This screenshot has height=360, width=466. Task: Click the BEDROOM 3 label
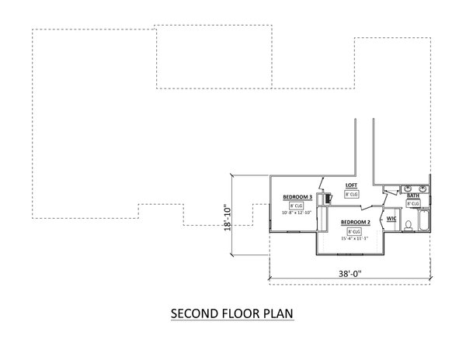[297, 197]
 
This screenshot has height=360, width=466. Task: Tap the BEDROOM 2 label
[354, 223]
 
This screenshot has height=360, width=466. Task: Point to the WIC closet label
[391, 220]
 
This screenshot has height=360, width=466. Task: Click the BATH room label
[414, 196]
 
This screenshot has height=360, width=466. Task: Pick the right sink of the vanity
[424, 189]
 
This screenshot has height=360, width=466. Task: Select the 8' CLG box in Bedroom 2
[354, 231]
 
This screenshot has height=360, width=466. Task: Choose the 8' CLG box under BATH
[413, 203]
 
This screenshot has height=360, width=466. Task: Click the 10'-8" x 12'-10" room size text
[297, 213]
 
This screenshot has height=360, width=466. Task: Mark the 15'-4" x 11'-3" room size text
[354, 238]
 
